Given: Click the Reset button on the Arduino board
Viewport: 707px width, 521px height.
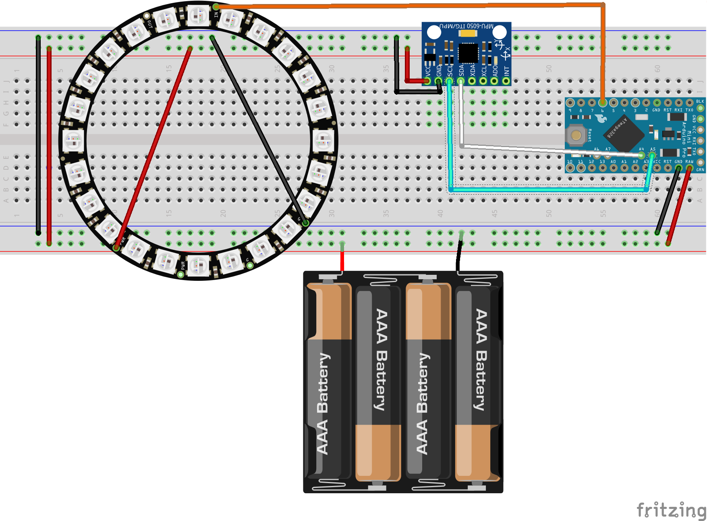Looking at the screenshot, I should coord(576,135).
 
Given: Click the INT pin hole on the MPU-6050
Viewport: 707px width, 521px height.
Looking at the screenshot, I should coord(506,81).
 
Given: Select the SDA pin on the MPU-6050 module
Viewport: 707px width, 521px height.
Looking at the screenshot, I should coord(461,81).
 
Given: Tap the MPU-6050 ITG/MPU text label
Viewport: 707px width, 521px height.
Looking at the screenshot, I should coord(466,26).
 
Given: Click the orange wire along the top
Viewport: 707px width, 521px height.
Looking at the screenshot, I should coord(403,6).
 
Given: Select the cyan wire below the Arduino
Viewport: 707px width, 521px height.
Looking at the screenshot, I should coord(548,189).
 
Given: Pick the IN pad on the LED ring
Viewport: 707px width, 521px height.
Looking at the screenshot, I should coord(216,7).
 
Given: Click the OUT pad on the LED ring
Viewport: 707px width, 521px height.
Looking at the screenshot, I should coord(146,17).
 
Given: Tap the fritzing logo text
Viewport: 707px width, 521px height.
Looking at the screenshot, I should coord(671,510).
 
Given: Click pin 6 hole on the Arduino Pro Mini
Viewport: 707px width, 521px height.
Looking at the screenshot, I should coord(603,103).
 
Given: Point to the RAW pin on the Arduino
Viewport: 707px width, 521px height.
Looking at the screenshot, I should coord(689,168).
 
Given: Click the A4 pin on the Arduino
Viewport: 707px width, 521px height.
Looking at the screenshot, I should coord(641,155).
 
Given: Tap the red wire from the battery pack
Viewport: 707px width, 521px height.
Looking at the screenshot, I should coord(342,258).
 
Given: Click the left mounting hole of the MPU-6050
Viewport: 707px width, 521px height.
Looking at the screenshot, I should coord(434,32).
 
